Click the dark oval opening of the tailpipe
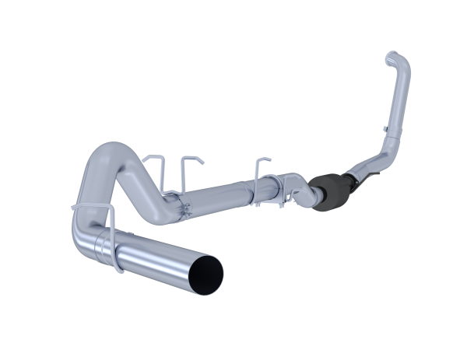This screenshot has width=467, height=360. pyautogui.click(x=210, y=271)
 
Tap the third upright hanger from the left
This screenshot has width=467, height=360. pyautogui.click(x=258, y=166)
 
